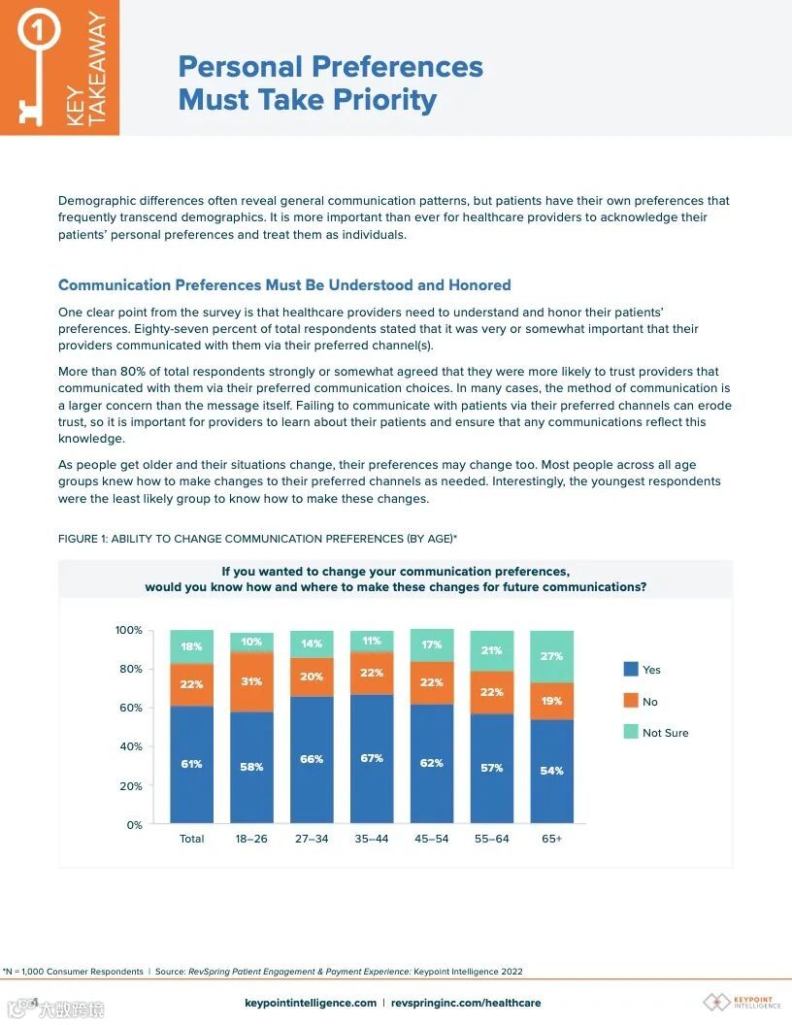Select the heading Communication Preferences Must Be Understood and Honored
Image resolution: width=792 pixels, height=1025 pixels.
click(x=284, y=285)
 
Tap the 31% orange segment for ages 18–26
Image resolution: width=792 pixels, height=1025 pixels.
click(x=251, y=681)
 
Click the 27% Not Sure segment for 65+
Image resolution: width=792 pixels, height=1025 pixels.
click(x=551, y=656)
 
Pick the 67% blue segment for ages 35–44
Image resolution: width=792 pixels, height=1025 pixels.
click(x=372, y=758)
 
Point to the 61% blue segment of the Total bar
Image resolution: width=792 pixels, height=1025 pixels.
click(x=191, y=764)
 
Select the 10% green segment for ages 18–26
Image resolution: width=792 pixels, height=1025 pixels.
click(x=251, y=642)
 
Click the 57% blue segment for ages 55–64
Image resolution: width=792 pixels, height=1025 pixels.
click(x=492, y=768)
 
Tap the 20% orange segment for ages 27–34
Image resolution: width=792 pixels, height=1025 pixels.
click(x=312, y=677)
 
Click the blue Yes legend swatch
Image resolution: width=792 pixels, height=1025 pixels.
click(x=631, y=670)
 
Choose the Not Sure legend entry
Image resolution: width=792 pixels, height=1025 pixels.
click(x=665, y=733)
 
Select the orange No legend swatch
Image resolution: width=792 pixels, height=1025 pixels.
click(x=631, y=701)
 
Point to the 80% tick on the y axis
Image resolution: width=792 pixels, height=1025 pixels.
click(x=130, y=669)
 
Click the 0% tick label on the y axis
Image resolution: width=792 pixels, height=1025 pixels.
click(x=134, y=825)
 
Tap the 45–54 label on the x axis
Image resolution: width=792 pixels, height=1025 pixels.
click(x=432, y=839)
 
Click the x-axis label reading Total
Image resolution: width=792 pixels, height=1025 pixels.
click(x=191, y=839)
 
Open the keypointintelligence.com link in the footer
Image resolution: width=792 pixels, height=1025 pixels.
click(x=311, y=1003)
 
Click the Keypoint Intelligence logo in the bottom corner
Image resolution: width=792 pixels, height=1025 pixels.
click(x=742, y=1002)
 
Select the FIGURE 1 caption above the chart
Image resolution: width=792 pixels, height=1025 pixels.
click(x=257, y=539)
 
